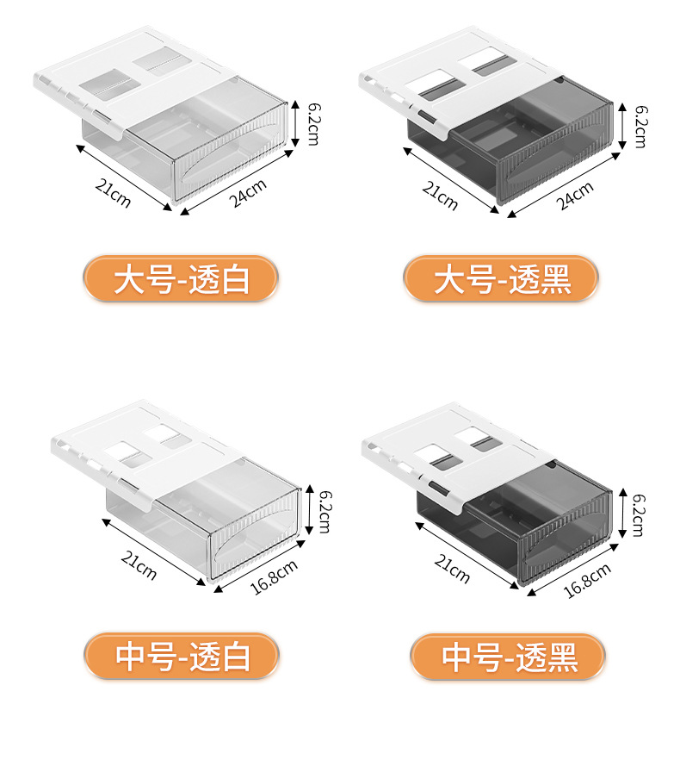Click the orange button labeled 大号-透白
tap(181, 280)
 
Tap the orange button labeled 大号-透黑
tap(502, 280)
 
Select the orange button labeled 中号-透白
tap(182, 657)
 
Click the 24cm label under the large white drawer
tap(249, 191)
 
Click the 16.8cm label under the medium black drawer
tap(586, 579)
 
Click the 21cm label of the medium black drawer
tap(453, 568)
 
